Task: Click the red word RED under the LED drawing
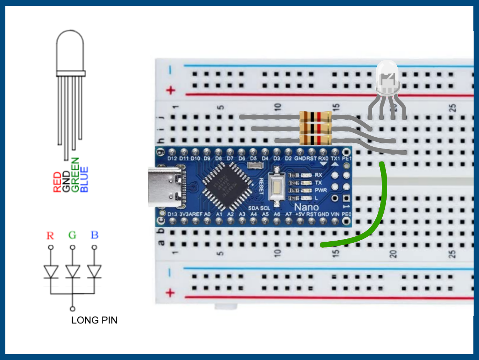coord(57,182)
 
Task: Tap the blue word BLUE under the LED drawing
coord(84,179)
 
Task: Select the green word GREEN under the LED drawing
coord(75,175)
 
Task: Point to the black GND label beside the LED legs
coord(66,182)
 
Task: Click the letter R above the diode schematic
coord(50,236)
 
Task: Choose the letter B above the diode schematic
coord(94,235)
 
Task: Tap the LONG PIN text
coord(94,320)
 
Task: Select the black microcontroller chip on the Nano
coord(226,186)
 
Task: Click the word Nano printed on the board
coord(306,207)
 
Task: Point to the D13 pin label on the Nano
coord(172,214)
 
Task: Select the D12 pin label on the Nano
coord(172,158)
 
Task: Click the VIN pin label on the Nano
coord(335,214)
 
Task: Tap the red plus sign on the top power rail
coord(170,90)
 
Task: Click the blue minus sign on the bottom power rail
coord(169,273)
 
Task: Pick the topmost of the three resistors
coord(315,117)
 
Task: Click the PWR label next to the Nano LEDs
coord(321,190)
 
